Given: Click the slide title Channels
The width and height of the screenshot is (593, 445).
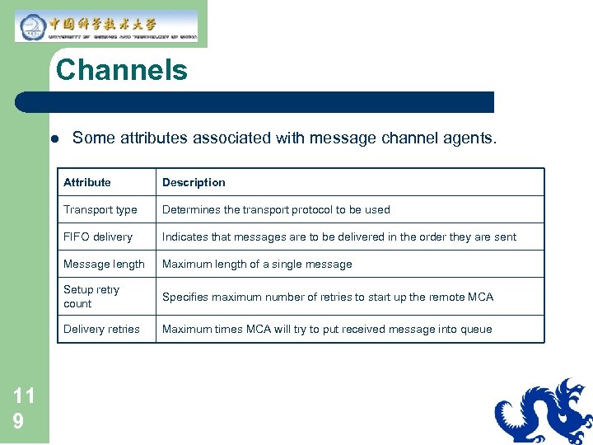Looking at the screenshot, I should (x=122, y=70).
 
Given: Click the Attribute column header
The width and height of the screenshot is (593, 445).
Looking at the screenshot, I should (x=87, y=182).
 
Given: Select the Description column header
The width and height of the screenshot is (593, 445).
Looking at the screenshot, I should (x=194, y=182).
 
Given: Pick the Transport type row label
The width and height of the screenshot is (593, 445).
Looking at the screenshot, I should (x=100, y=209).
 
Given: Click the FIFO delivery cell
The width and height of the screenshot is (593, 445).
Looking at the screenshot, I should (x=98, y=237).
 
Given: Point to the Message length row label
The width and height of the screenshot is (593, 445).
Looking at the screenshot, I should (x=104, y=264).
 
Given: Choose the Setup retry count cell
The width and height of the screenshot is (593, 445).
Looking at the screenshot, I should (x=91, y=297).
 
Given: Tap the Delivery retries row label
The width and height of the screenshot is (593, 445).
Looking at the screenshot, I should (x=101, y=329).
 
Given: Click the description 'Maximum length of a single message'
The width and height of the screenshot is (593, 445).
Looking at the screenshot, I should (x=257, y=264).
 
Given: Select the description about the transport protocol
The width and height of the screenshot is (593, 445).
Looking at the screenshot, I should (x=276, y=209).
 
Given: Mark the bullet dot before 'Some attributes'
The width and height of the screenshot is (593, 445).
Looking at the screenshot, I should (x=52, y=138).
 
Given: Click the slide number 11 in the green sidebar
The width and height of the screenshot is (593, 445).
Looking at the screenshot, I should (x=24, y=396).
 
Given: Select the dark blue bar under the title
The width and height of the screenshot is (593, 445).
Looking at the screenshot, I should (x=255, y=102).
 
